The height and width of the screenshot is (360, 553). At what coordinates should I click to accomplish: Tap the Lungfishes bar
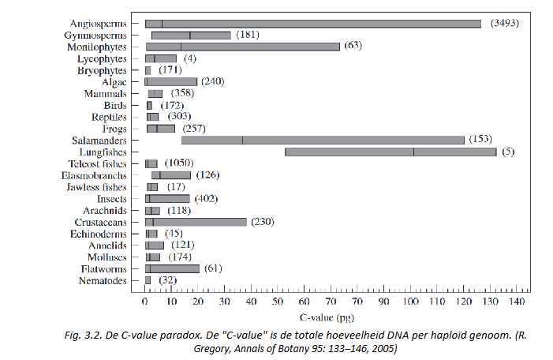pyautogui.click(x=390, y=152)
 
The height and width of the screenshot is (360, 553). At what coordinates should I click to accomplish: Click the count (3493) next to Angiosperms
pyautogui.click(x=503, y=24)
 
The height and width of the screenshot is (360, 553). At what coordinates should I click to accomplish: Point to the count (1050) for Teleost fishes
pyautogui.click(x=181, y=163)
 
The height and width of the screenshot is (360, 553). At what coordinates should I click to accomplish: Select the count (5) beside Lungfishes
pyautogui.click(x=508, y=152)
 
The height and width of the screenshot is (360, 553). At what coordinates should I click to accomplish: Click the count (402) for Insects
pyautogui.click(x=206, y=198)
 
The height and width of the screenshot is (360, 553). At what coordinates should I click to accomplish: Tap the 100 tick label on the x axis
pyautogui.click(x=410, y=302)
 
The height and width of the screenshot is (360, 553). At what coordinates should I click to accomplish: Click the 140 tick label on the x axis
pyautogui.click(x=517, y=302)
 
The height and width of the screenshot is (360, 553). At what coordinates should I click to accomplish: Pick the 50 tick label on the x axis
pyautogui.click(x=278, y=302)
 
